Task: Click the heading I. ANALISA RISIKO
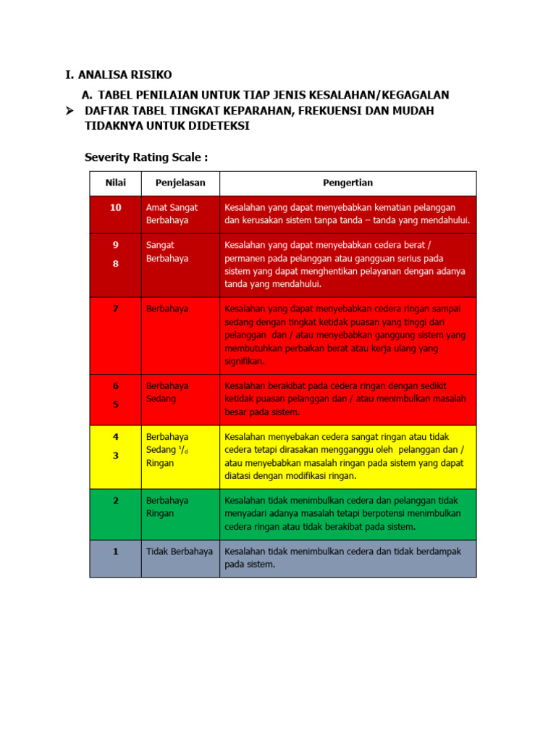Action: [119, 75]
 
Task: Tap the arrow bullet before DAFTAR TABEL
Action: [70, 111]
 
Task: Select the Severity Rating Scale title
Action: [146, 157]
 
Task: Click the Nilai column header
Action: [115, 183]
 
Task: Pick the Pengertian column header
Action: [347, 183]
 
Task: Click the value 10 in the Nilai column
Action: [115, 207]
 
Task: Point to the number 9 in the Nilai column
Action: [115, 245]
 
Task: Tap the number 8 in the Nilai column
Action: [115, 264]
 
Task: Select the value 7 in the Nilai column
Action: [115, 309]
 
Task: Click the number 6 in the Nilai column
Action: [115, 385]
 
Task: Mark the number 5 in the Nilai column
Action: [115, 404]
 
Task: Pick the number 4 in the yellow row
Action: [115, 436]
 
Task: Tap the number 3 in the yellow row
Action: [115, 455]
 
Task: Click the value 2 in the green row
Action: [115, 501]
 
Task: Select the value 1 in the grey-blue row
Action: [115, 551]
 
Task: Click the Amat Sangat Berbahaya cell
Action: [172, 214]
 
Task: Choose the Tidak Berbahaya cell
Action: [180, 551]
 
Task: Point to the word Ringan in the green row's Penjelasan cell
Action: [160, 514]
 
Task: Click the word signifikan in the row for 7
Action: [245, 361]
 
